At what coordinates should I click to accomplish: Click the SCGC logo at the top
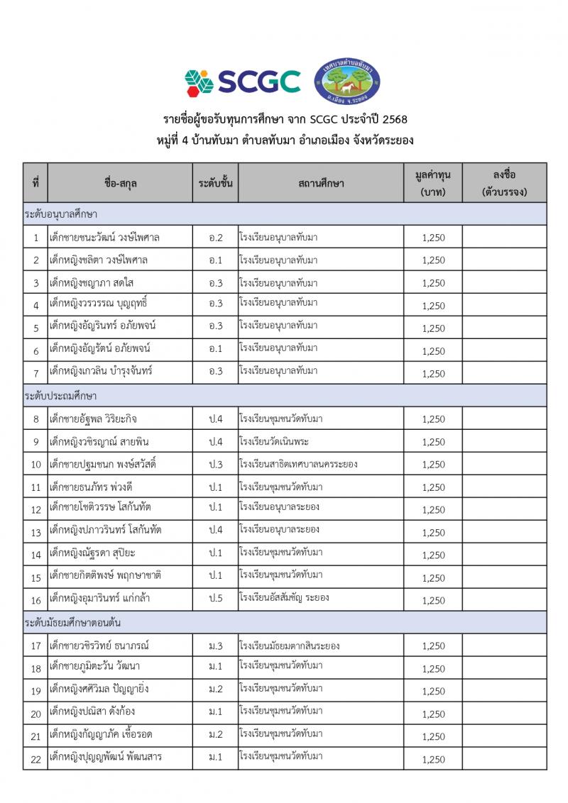point(242,81)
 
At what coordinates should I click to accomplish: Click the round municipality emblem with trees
point(347,81)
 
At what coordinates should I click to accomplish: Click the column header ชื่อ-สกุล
point(120,183)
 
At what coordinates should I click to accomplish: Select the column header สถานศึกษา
point(321,183)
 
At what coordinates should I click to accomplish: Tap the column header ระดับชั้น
point(215,183)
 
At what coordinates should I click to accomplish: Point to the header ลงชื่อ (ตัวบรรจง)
point(504,183)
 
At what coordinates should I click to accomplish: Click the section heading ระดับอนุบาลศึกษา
point(61,214)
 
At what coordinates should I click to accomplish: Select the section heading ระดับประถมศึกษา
point(60,395)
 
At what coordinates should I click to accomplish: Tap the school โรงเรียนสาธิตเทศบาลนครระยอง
point(298,464)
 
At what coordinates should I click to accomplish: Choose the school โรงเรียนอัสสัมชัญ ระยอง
point(284,597)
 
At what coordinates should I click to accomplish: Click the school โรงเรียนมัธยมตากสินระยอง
point(290,646)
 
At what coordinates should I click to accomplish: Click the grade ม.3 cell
point(215,646)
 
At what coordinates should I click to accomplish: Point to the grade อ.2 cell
point(215,237)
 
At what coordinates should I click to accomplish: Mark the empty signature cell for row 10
point(504,464)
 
